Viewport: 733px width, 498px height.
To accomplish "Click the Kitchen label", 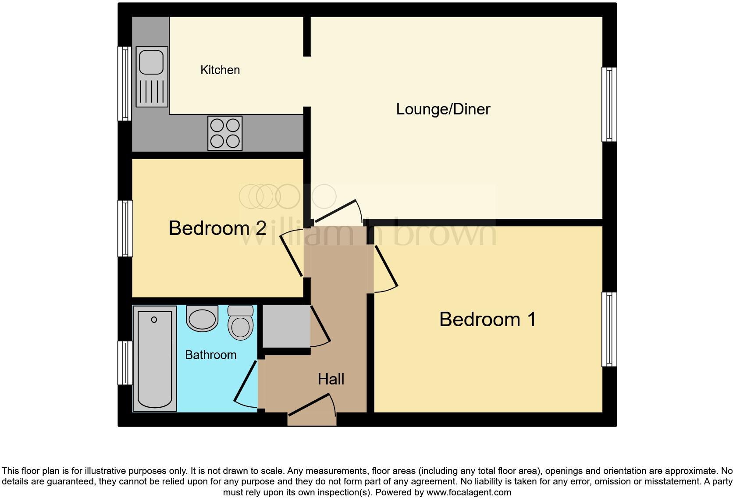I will coord(220,70).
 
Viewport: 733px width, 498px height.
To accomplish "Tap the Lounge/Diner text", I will coord(443,109).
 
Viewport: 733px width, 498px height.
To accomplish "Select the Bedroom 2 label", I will coord(217,228).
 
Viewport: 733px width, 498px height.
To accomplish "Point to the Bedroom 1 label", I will coord(487,319).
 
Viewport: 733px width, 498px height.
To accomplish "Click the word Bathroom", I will coord(210,355).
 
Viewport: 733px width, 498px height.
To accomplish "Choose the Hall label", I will coord(331,379).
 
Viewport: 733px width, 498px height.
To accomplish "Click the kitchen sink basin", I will coord(151,62).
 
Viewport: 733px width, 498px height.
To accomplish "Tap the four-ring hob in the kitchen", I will coord(225,133).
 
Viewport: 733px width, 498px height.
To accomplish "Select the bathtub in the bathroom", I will coord(154,359).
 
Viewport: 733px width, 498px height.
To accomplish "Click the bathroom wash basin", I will coord(202,318).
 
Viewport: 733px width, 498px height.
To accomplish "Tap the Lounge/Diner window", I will coord(609,104).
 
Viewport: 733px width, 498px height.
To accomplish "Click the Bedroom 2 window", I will coord(125,228).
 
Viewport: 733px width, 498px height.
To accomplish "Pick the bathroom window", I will coord(125,363).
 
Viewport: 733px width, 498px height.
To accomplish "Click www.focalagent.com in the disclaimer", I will coord(469,492).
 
